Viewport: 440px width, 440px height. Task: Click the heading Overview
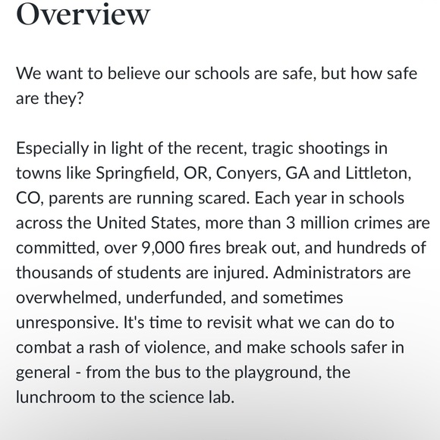point(83,14)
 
